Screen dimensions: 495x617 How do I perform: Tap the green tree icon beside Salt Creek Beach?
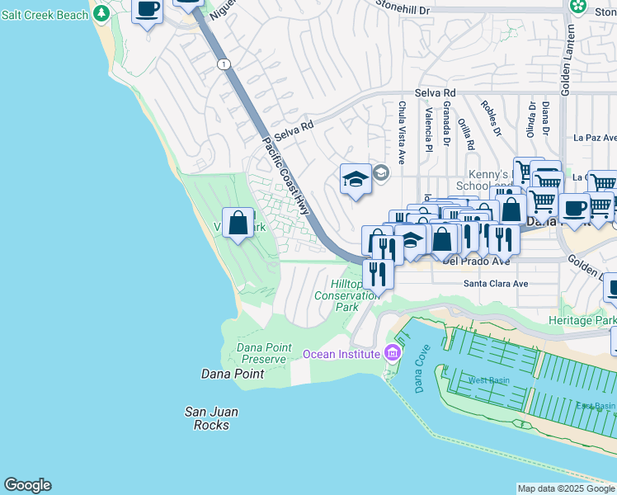[x=101, y=13]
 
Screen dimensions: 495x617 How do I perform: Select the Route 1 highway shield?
[x=223, y=64]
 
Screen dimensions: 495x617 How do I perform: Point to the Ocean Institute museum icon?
[x=392, y=354]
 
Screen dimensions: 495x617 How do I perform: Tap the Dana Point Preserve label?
[x=264, y=353]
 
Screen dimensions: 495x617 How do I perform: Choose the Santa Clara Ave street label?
[x=494, y=283]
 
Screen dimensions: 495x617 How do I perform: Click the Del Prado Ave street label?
[x=476, y=261]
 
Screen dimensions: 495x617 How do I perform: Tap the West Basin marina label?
[x=488, y=380]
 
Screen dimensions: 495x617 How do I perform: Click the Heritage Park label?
[x=582, y=319]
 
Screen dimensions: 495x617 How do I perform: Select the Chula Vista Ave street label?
[x=402, y=132]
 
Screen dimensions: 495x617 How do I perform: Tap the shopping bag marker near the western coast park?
[x=238, y=224]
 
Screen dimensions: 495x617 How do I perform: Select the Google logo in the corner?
[x=27, y=485]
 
